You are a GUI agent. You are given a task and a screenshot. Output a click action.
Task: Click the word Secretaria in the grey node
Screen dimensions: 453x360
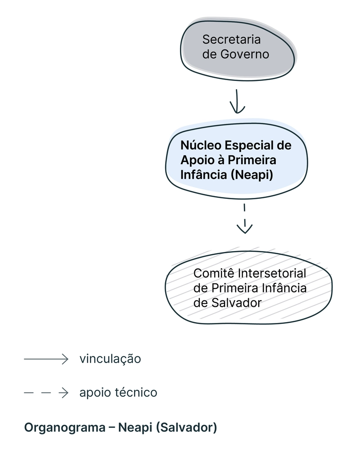(x=231, y=39)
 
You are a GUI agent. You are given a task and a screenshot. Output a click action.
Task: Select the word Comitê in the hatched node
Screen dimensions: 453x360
(x=214, y=274)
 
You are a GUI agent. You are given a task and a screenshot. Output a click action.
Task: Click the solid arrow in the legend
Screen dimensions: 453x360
(x=46, y=359)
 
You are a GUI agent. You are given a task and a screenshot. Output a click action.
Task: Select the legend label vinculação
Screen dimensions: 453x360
(x=110, y=359)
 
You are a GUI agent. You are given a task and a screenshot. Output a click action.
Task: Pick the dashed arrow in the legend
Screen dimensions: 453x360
(x=46, y=393)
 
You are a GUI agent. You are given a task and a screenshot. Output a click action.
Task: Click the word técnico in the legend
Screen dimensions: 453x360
(x=136, y=393)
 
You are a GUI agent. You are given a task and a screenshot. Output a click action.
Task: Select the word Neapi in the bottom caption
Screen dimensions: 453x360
(x=135, y=427)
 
